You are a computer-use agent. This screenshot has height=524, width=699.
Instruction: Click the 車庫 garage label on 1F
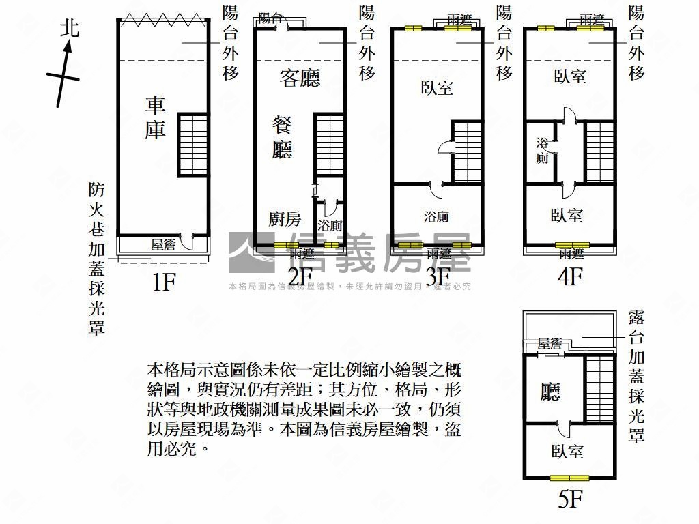[156, 117]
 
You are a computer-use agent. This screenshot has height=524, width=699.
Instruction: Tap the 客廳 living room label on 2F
[300, 78]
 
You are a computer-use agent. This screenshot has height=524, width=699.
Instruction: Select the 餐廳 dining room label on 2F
[282, 137]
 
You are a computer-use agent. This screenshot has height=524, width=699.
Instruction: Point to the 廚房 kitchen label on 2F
[284, 219]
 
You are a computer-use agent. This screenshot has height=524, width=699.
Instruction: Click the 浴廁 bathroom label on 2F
[330, 226]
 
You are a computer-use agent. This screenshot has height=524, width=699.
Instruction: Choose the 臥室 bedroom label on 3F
[438, 87]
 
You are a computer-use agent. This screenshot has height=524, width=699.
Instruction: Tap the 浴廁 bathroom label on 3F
[436, 217]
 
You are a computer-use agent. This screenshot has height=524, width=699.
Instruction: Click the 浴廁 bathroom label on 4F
[543, 151]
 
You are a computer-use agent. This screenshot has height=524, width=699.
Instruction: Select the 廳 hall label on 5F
[550, 392]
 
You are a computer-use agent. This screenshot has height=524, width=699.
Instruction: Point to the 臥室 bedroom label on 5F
[567, 451]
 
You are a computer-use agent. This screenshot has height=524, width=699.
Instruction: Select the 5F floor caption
[570, 499]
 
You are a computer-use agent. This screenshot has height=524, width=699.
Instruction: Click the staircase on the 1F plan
[193, 145]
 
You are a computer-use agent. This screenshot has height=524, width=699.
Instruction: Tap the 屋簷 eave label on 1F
[164, 243]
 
